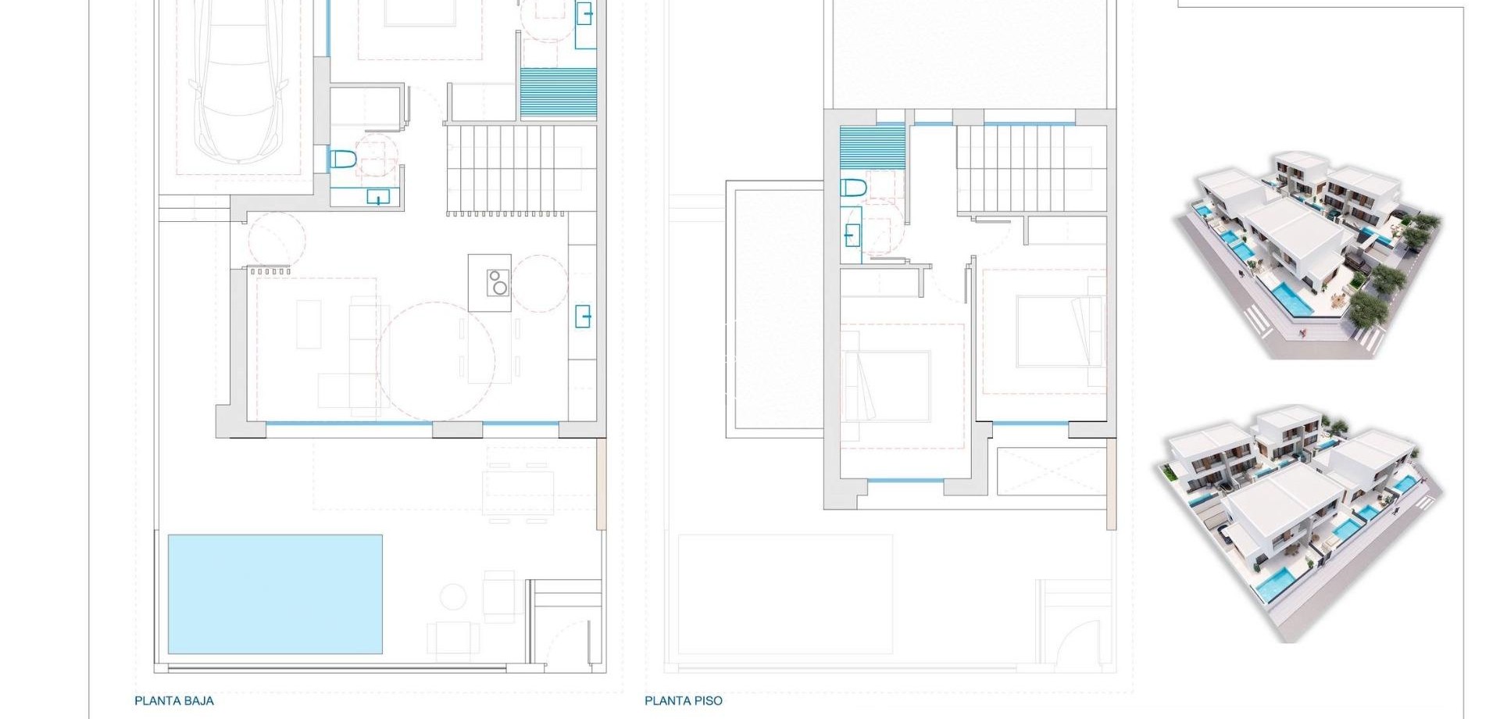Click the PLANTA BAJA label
point(174,701)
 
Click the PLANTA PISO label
point(684,701)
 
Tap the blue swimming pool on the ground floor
point(275,594)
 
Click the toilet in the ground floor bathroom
point(343,160)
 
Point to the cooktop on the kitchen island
point(497,282)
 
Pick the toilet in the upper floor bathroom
point(854,188)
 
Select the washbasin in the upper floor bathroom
point(852,234)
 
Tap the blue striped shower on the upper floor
point(873,147)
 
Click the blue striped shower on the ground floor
point(558,93)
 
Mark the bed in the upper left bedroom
point(887,385)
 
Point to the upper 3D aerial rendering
point(1307,256)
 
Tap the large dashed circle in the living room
point(436,361)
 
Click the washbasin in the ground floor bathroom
point(379,197)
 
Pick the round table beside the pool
point(453,597)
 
